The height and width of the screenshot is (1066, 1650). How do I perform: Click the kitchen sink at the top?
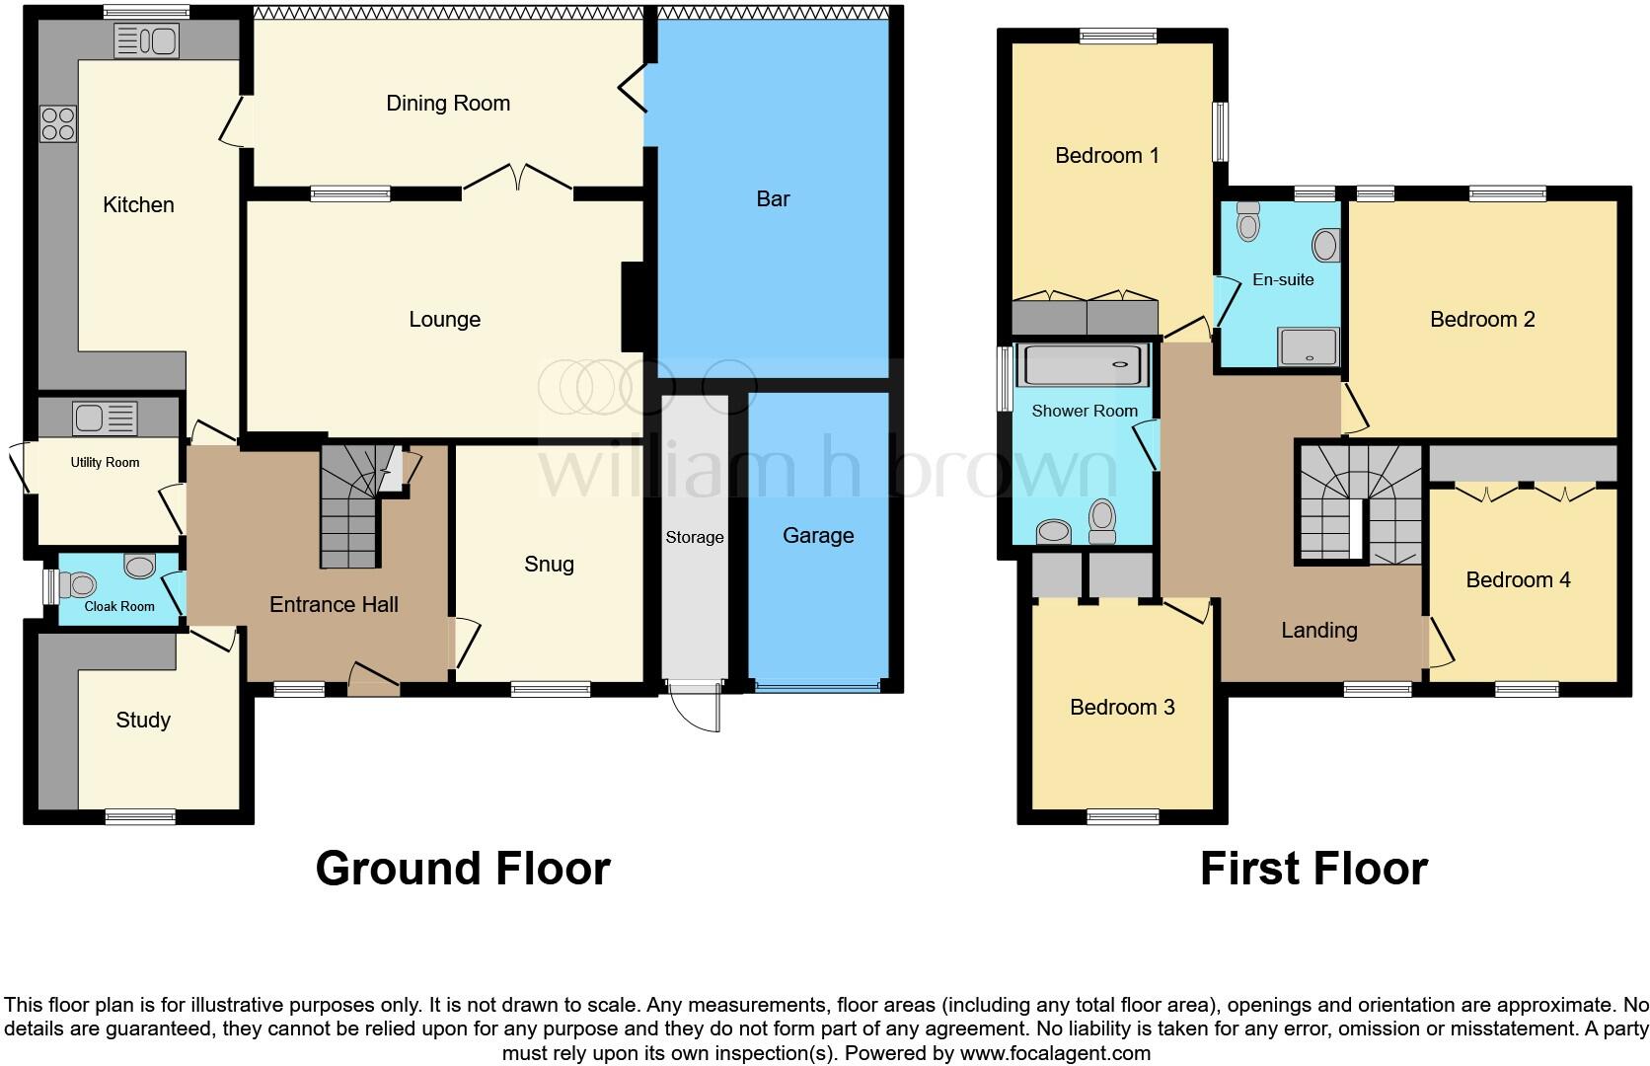point(146,41)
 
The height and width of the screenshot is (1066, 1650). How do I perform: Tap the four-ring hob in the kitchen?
point(58,124)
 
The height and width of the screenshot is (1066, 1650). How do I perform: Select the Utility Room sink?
point(105,419)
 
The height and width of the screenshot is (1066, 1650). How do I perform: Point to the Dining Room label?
point(448,104)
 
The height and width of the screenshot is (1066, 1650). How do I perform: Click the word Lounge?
point(444,320)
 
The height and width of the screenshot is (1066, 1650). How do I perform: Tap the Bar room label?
point(773,199)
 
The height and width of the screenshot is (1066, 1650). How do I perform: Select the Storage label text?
point(694,538)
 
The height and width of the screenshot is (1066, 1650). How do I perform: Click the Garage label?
point(818,536)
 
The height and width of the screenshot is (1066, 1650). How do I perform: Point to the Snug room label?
point(549,565)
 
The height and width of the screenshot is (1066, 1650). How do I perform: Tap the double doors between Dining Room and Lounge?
point(517,178)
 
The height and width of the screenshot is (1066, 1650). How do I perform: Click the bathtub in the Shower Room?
point(1084,365)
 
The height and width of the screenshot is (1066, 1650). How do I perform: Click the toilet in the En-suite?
point(1248,223)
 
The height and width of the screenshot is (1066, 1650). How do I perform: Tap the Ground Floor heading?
point(463,869)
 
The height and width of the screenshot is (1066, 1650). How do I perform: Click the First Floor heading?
point(1313,869)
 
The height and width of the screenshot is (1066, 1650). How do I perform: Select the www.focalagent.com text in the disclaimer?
point(1055,1053)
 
